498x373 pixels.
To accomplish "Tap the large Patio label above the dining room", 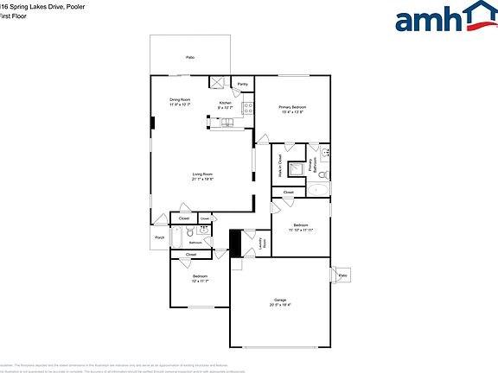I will point(190,57).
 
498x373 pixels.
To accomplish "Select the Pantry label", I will point(243,85).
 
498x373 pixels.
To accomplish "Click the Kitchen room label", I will point(225,103).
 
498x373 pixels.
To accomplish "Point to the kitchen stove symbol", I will point(248,109).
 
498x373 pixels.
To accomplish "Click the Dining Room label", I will point(180,99).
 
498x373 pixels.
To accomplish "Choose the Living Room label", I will point(202,174).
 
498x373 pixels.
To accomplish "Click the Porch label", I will point(159,237).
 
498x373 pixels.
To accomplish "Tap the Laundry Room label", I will point(262,244).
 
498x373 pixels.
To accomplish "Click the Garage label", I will point(280,300).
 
